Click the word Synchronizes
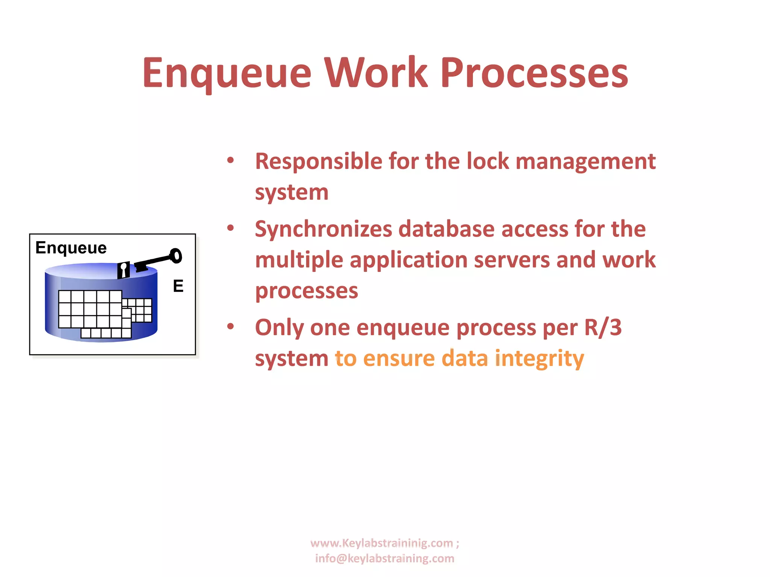point(323,229)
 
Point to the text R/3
point(603,327)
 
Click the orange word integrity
point(539,359)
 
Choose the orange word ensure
point(399,358)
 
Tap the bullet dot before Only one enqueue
point(230,326)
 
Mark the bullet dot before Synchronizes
point(230,228)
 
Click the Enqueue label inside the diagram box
point(71,248)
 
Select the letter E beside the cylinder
point(178,286)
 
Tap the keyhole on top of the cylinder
point(123,270)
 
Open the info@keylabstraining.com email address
point(385,559)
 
